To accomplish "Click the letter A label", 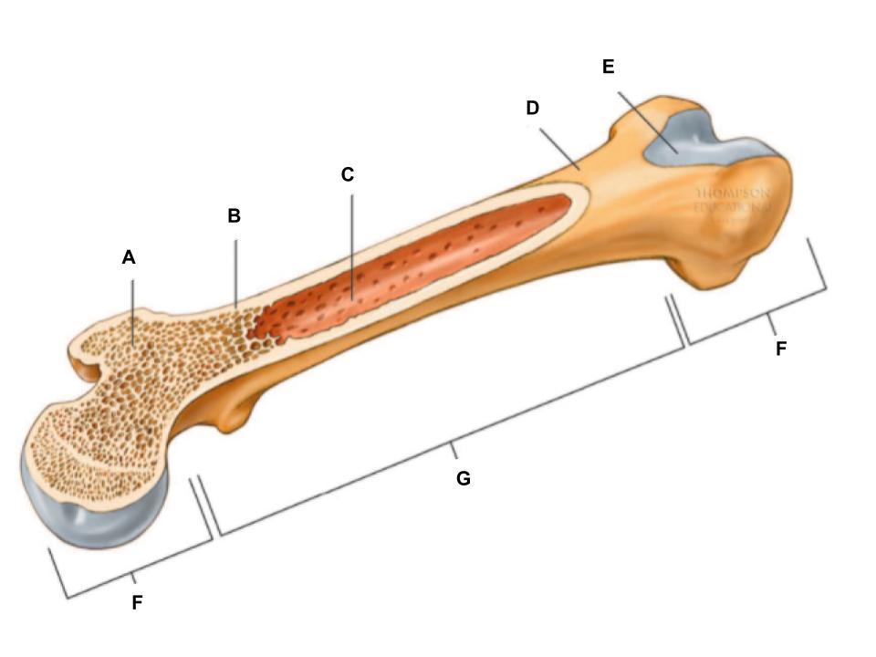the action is point(129,257).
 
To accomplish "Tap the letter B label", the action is point(234,216).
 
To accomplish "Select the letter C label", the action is point(348,174).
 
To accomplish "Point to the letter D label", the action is point(533,108).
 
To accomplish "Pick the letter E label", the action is point(609,67).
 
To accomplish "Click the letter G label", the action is point(464,478).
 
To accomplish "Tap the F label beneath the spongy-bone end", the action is point(137,602).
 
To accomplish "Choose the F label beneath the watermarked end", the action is point(780,348).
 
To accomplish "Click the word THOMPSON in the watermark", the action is point(733,194).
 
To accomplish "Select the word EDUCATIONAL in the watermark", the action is point(733,207).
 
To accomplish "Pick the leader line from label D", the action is point(558,147).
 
